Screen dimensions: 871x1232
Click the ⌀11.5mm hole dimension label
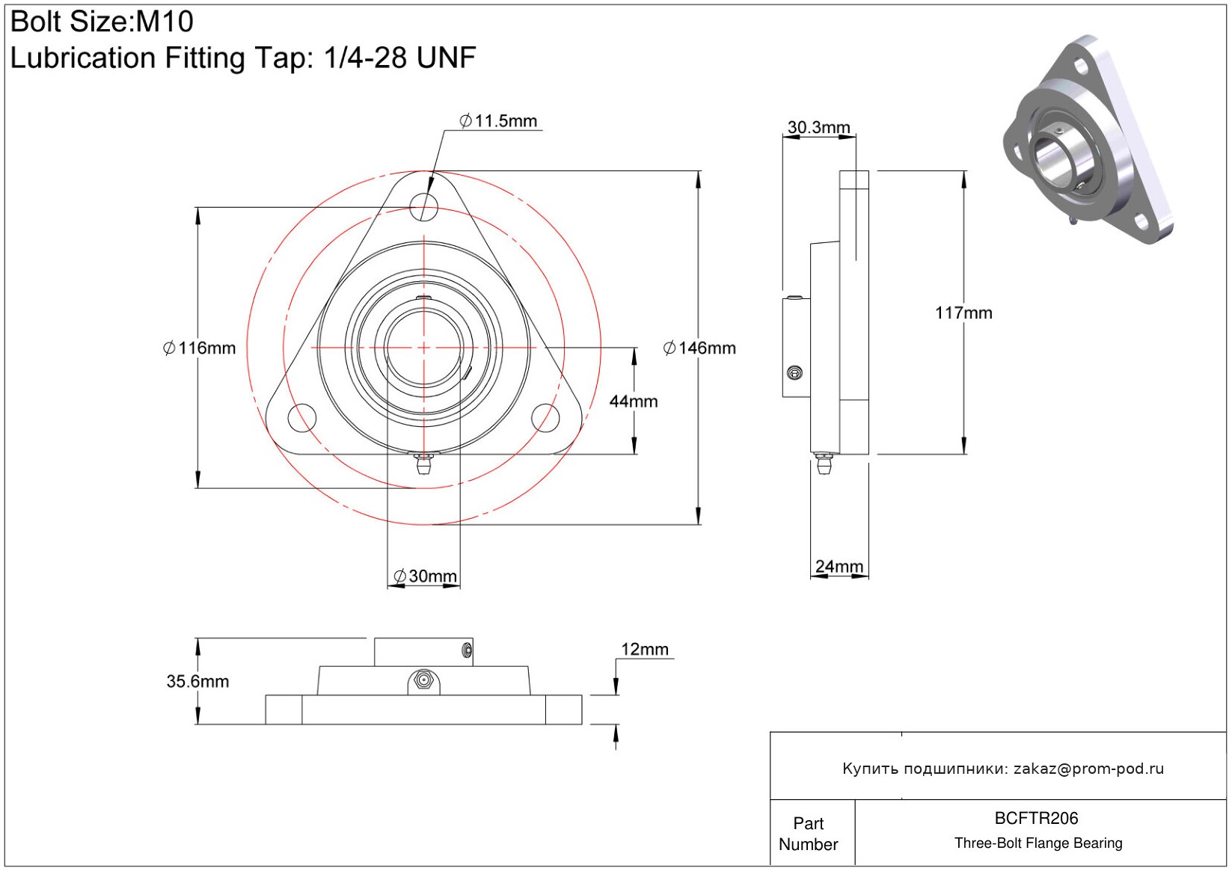(x=498, y=121)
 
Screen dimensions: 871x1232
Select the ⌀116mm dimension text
(x=200, y=348)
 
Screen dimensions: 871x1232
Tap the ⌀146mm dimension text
(x=699, y=348)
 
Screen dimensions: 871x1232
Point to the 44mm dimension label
(x=634, y=401)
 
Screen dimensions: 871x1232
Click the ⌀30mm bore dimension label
(x=425, y=576)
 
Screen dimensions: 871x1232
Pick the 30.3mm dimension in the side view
(x=818, y=128)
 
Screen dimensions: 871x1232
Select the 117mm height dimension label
(x=963, y=313)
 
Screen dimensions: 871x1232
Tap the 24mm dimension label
(x=839, y=567)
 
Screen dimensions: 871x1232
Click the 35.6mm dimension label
(x=197, y=682)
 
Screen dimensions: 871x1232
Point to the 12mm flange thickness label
(x=645, y=650)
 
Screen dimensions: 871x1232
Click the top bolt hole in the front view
(x=424, y=206)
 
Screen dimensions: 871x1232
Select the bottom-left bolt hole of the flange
(x=302, y=418)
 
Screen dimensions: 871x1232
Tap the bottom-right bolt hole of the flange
(x=545, y=418)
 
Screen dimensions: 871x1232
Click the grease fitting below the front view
(x=424, y=464)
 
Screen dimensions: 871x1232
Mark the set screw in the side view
(x=795, y=373)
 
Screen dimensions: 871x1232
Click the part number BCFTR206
(x=1036, y=819)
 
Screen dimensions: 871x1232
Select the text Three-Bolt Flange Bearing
(x=1038, y=843)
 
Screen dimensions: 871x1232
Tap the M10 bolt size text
(x=165, y=22)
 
